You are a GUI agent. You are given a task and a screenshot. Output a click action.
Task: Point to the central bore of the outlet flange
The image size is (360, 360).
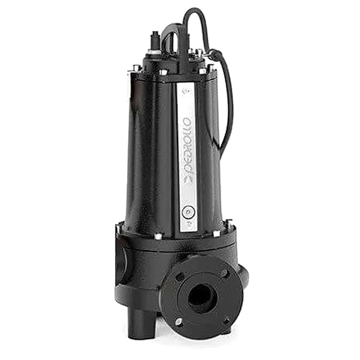[x=201, y=294]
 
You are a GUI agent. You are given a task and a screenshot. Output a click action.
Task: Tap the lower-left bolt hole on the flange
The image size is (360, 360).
[x=179, y=320]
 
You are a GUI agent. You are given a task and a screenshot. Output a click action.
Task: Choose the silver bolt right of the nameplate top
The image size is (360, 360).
[x=203, y=71]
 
